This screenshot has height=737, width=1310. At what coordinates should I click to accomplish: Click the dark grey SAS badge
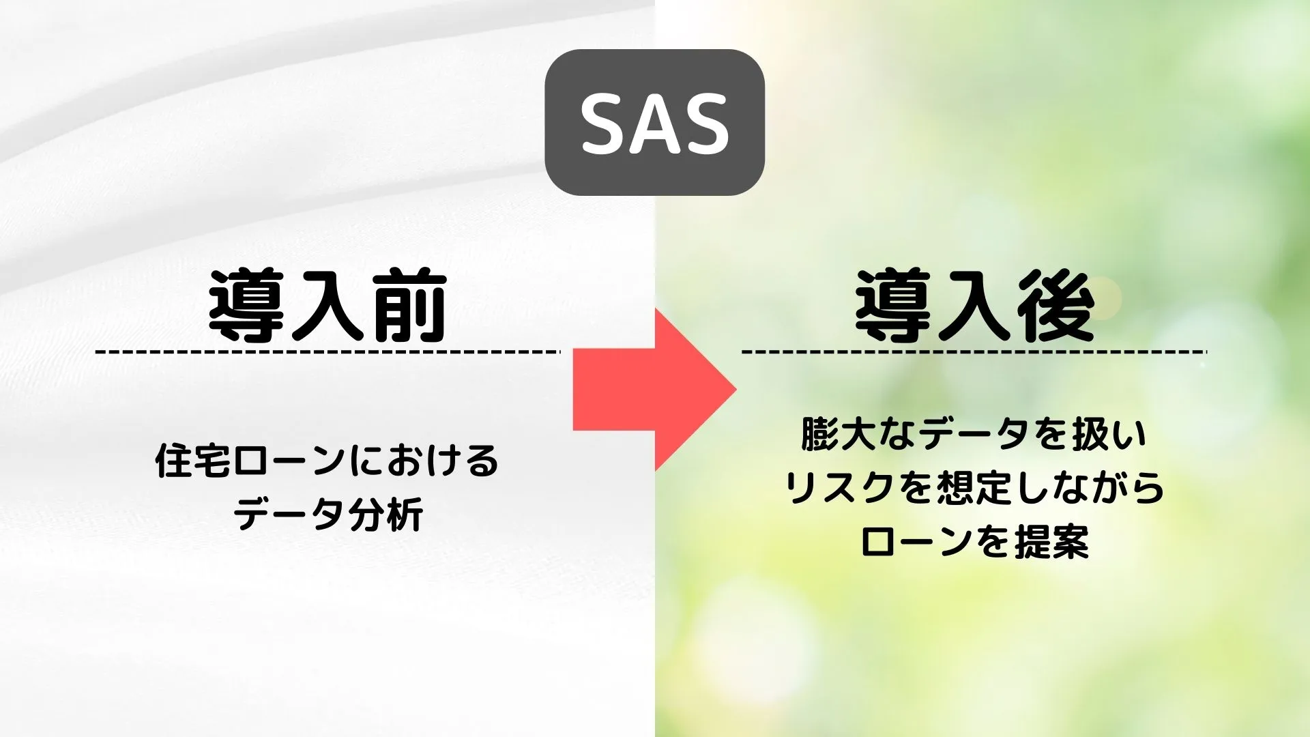click(654, 122)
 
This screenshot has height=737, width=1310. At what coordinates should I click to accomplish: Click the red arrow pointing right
click(654, 389)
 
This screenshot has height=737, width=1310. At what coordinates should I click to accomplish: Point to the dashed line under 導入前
click(327, 352)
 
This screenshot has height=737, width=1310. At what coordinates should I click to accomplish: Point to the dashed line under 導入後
click(974, 352)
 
